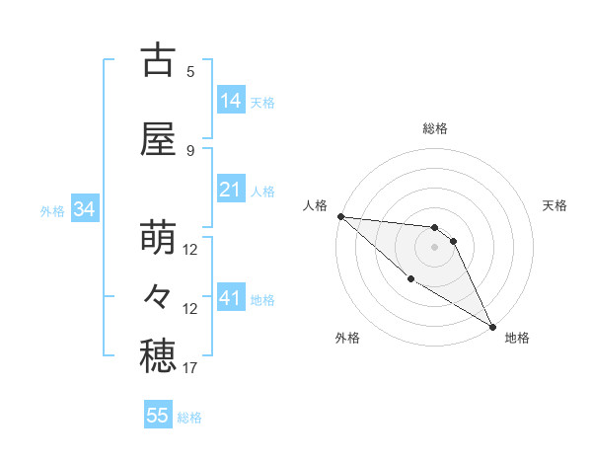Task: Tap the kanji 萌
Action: [158, 239]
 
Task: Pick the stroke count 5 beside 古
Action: [190, 71]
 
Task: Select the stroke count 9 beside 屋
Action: [190, 150]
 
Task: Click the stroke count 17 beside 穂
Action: [190, 368]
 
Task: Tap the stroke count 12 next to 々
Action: [190, 309]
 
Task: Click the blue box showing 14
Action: [231, 100]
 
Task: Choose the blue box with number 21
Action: [231, 190]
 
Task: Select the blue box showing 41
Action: [231, 297]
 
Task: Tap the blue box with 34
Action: [84, 209]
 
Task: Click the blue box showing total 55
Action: [158, 416]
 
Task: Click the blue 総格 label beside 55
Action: [189, 418]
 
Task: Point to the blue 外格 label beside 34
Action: [52, 211]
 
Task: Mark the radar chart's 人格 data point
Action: [340, 216]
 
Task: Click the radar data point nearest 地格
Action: [491, 326]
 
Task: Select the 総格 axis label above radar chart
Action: [435, 128]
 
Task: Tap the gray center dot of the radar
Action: [434, 247]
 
